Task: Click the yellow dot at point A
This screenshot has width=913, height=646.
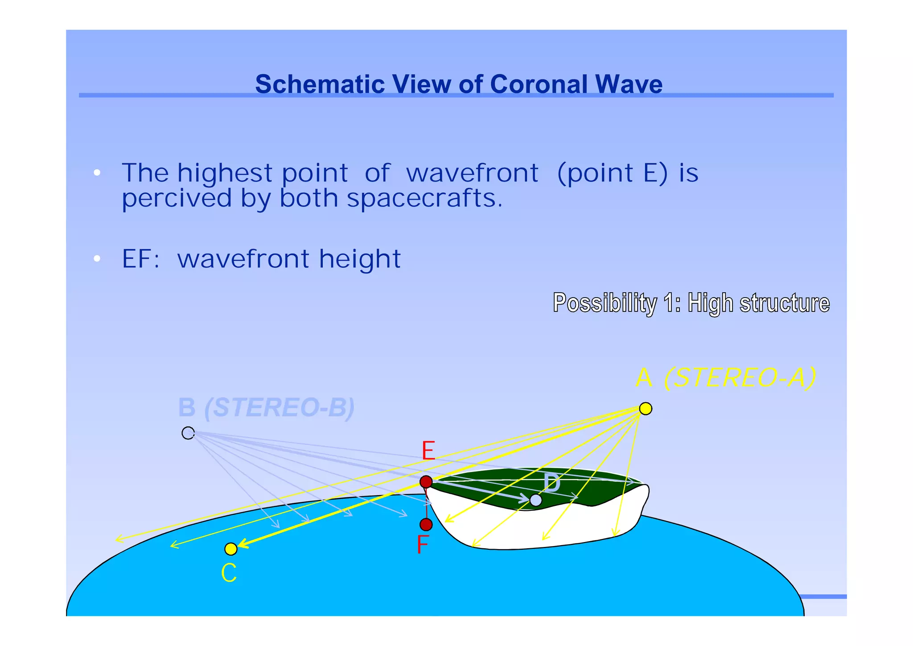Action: click(645, 408)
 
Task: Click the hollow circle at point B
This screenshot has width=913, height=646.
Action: click(188, 433)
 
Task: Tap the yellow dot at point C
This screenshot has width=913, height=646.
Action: click(230, 549)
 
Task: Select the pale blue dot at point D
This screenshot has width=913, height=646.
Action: click(535, 500)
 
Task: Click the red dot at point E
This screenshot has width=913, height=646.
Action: click(426, 482)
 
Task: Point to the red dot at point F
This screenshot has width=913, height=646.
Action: click(426, 524)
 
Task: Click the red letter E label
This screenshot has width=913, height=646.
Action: click(428, 451)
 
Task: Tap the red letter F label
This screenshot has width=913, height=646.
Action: click(422, 544)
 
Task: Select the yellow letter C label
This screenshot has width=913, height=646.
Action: click(229, 573)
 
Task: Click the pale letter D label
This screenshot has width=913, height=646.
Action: click(552, 484)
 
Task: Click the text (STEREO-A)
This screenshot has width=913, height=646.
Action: click(740, 378)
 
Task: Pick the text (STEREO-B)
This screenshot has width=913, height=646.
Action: click(279, 407)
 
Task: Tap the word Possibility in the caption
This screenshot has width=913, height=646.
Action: click(605, 302)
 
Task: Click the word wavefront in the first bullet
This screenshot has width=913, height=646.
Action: click(472, 173)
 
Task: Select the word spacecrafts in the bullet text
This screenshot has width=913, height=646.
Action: click(424, 198)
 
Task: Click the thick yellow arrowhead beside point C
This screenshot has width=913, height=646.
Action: click(243, 543)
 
